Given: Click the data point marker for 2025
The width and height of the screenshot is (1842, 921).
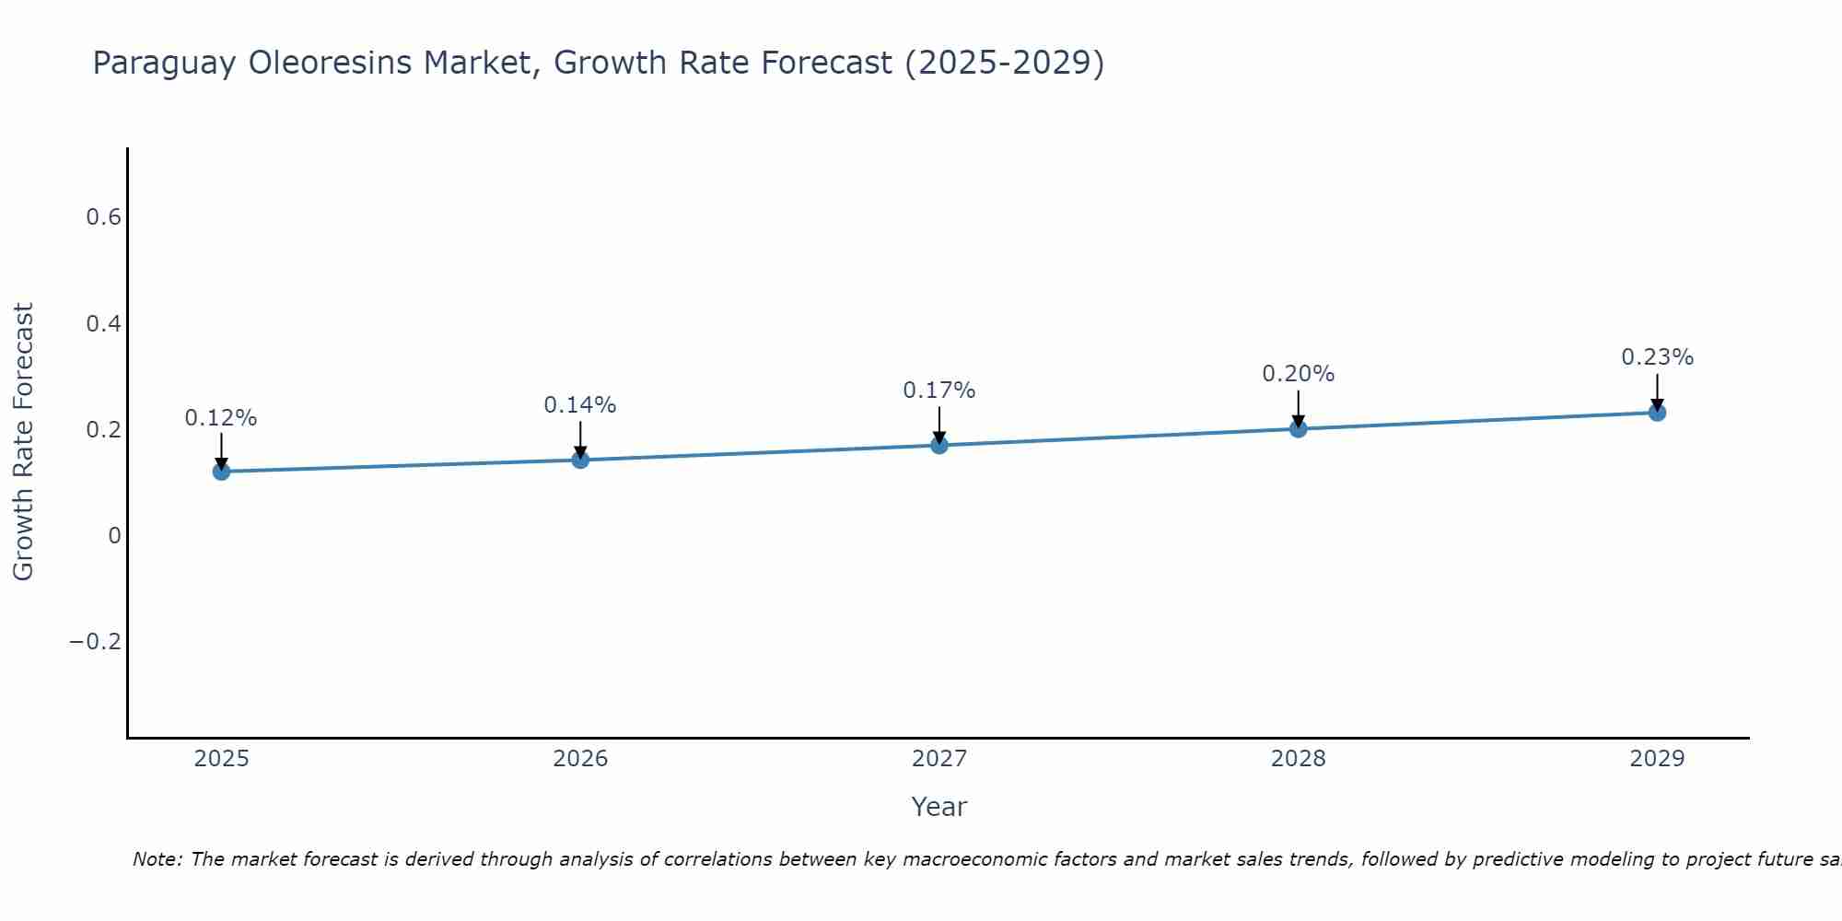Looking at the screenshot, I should coord(221,472).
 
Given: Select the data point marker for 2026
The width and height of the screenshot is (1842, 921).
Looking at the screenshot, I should coord(580,460).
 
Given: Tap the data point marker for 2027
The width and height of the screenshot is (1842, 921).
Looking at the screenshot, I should coord(939,445).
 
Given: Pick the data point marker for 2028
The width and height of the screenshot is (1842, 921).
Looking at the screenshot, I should coord(1299,428).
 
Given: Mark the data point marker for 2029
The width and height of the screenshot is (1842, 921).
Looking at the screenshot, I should coord(1657,412).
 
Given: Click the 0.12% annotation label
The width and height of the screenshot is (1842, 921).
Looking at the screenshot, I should coord(221,418).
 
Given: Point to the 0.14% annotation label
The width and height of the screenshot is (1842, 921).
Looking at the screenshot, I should coord(580,405).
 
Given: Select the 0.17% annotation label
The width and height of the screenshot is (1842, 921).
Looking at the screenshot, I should coord(939,391).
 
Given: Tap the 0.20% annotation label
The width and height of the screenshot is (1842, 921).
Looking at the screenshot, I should coord(1299,374).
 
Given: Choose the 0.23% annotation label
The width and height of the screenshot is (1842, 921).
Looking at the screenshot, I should coord(1657,357).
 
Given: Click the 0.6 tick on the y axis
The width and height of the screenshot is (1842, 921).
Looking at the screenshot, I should coord(104,217).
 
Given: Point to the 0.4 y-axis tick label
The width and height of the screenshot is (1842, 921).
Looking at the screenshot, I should coord(104,324).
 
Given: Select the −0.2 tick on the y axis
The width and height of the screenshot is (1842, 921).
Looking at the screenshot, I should coord(96,642).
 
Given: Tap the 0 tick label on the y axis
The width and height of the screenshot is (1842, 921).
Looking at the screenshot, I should coord(114,536).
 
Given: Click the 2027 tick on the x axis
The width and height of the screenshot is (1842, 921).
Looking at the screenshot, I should coord(939,759).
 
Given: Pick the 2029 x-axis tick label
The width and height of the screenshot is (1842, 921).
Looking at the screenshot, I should coord(1657,759).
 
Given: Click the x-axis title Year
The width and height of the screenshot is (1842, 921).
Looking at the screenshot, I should coord(939,807).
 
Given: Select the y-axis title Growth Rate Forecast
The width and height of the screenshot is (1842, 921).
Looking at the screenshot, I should coord(24,442).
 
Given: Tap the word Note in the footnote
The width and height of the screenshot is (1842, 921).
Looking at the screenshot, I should coord(157,859).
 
